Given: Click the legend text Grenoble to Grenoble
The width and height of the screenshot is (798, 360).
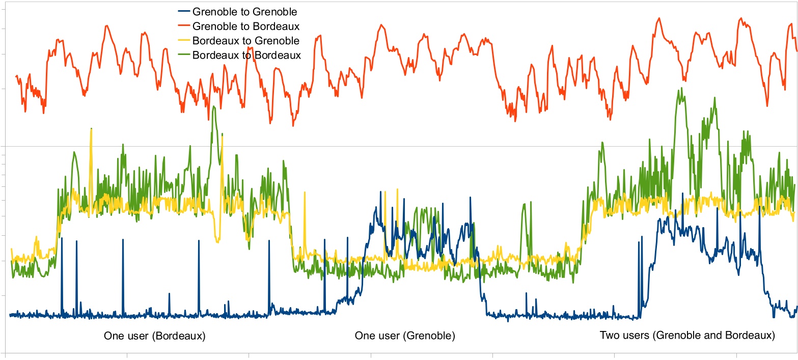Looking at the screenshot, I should tap(245, 11).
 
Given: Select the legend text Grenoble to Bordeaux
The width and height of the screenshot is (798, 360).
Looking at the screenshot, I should tap(245, 25).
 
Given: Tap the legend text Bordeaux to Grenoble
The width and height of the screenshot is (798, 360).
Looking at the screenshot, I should tap(246, 40).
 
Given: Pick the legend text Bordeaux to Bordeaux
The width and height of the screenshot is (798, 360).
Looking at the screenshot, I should tap(246, 55).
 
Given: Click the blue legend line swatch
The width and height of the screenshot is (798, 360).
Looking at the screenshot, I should tap(181, 11).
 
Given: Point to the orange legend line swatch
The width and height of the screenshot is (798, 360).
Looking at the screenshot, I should tap(181, 25).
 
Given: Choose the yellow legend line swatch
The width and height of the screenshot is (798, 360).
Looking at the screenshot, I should tap(181, 40).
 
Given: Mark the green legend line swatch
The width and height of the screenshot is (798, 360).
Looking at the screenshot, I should tap(181, 55).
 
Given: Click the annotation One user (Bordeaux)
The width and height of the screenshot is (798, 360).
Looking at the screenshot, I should tap(154, 336).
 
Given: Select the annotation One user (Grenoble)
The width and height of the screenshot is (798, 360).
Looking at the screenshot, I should tap(405, 336).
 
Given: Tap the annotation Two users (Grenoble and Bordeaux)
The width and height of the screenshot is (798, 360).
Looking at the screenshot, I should tap(687, 336).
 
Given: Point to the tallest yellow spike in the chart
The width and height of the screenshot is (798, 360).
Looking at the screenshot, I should tap(91, 129).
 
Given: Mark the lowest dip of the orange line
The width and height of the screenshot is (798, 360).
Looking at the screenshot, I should tap(293, 125).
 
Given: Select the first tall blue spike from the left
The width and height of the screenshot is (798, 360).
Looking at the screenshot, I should tap(62, 238).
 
